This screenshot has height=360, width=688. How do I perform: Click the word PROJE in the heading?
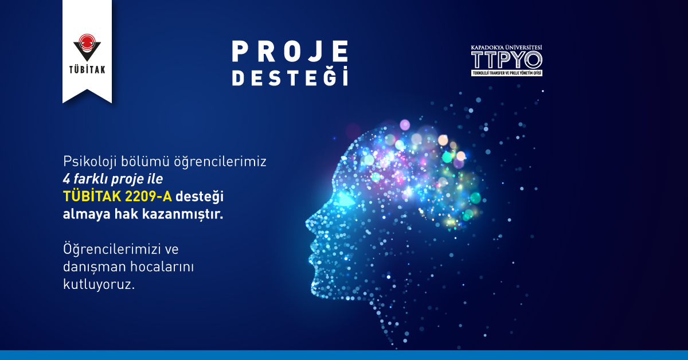[x=290, y=52]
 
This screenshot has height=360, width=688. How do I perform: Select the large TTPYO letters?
[x=506, y=60]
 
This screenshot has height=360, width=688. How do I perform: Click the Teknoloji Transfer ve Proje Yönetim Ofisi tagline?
[x=506, y=73]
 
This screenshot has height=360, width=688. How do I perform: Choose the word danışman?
[x=91, y=267]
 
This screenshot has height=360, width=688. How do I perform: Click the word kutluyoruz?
[x=99, y=285]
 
